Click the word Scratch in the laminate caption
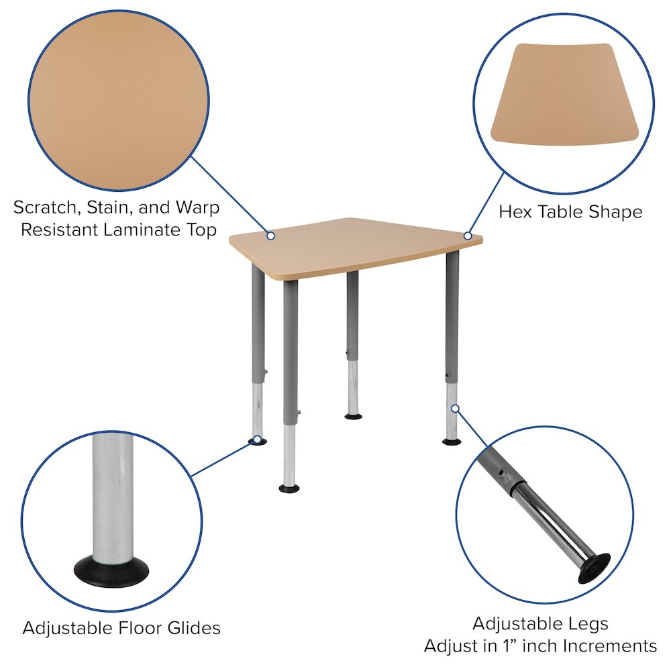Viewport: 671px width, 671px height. coord(42,207)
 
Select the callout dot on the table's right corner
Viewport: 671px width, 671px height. coord(468,236)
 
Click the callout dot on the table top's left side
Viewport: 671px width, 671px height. coord(270,236)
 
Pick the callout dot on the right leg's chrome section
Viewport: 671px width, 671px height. coord(454,408)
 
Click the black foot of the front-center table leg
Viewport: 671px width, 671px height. coord(289,488)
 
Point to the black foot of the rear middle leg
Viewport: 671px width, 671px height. coord(353,417)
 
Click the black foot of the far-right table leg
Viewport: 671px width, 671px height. coord(452,441)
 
